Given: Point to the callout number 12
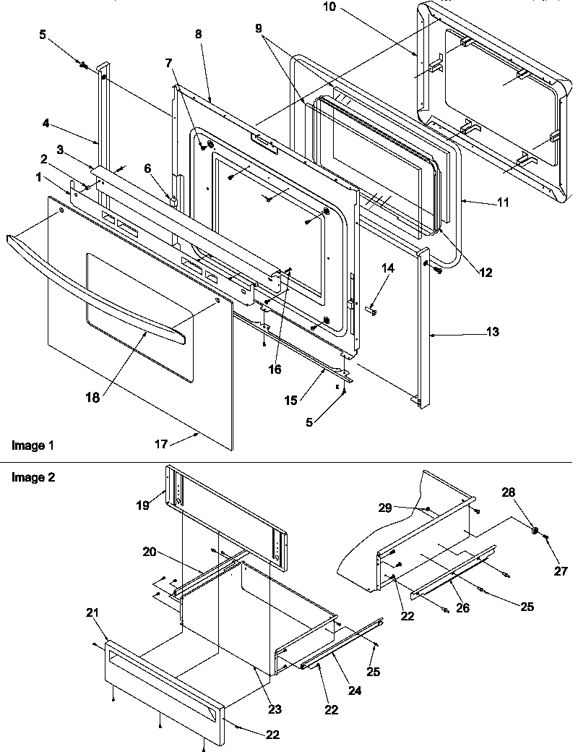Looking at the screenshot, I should (x=485, y=273).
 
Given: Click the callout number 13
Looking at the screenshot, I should (x=492, y=332).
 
